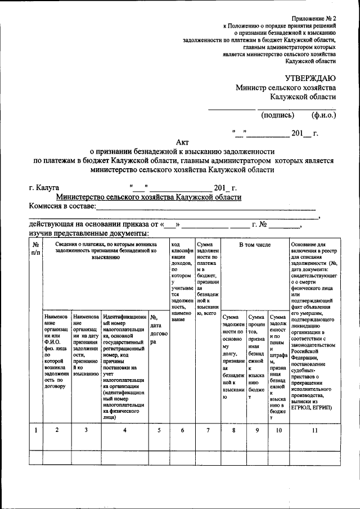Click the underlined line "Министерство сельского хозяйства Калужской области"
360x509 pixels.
click(x=149, y=197)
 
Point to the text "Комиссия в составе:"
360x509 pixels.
click(x=62, y=207)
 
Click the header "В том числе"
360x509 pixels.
click(x=254, y=245)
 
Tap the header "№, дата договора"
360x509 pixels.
click(x=156, y=329)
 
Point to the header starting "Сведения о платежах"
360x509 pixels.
click(x=106, y=251)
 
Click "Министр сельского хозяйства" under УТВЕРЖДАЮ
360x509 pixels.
click(x=286, y=88)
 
